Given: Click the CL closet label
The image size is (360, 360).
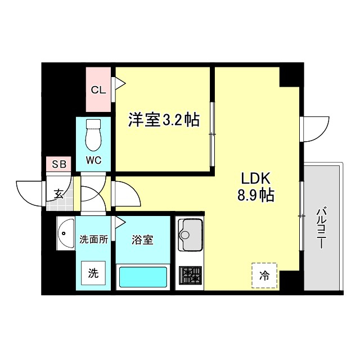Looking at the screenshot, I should pos(98,90).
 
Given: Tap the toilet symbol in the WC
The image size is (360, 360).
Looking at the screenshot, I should pos(93,133).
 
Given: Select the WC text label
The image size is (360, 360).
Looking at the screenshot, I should pos(93,160).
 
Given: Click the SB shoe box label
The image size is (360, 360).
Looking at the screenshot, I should pos(59,165).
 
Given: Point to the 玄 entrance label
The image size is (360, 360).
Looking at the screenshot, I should pos(58,194).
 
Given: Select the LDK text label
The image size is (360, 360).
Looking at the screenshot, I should pos(256,179).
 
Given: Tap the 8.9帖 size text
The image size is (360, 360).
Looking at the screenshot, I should pos(256,196).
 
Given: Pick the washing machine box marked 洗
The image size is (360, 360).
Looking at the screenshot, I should pos(93,274).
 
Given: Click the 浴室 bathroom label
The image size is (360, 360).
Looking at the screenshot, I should pos(143,239).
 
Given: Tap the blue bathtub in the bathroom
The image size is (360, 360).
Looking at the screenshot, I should pos(143,277).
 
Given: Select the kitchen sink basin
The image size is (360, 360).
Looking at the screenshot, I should pos(191,235).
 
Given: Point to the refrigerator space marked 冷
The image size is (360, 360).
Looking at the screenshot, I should pos(264,276).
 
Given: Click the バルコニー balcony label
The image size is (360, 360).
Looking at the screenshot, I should pos(321,228).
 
